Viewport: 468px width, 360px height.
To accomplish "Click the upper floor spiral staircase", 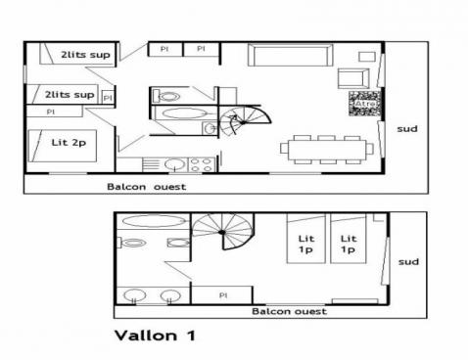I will (x=238, y=123).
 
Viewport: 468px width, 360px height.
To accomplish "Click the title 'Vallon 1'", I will (x=154, y=335).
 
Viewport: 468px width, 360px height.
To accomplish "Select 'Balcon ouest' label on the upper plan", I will (x=146, y=186).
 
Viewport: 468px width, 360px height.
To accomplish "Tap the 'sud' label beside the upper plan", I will (x=406, y=127).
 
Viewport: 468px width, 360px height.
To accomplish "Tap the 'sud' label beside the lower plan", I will (x=409, y=261).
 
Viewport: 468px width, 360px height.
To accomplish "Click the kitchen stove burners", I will (x=202, y=164).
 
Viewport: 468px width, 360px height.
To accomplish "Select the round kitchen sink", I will (x=174, y=164).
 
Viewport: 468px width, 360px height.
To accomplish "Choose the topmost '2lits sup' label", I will (x=84, y=55).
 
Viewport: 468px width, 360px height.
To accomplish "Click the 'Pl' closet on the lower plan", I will (x=223, y=293).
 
